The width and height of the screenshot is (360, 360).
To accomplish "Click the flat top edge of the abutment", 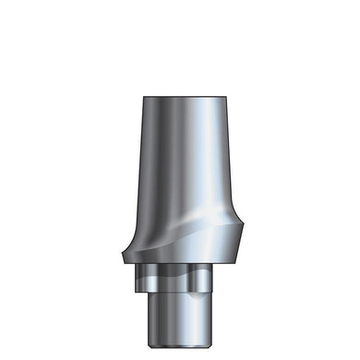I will (180, 93).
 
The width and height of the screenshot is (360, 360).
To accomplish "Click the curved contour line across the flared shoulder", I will (185, 225).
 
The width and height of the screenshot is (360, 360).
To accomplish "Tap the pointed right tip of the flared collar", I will (242, 251).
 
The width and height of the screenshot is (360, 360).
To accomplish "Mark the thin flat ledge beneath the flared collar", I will (180, 267).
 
